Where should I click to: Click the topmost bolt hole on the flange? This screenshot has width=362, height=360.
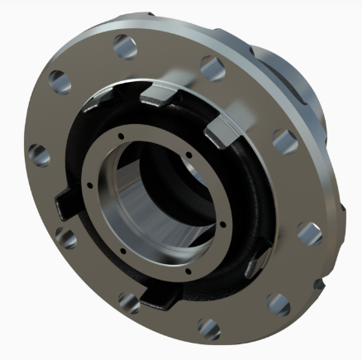123,43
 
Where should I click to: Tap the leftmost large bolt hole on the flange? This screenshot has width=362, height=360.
38,154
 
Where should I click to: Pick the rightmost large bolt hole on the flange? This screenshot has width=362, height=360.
310,234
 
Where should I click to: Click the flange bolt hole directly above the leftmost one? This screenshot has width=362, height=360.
59,80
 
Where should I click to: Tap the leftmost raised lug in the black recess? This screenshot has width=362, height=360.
66,202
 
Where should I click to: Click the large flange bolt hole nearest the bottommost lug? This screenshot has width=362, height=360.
127,299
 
